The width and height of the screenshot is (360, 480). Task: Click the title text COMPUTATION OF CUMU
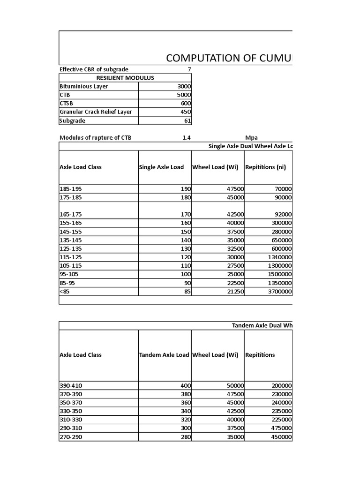[x=229, y=58]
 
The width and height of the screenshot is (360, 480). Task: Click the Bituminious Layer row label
[x=83, y=87]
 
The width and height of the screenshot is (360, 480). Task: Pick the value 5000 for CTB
[x=183, y=95]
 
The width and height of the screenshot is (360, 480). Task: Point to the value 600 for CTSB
[x=186, y=104]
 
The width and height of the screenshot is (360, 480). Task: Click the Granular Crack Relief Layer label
[x=96, y=112]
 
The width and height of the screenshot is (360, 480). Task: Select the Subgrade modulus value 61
[x=187, y=121]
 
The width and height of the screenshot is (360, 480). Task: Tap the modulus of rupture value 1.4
[x=186, y=137]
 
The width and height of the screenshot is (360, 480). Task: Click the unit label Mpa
[x=252, y=137]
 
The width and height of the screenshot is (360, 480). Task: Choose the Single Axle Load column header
[x=161, y=167]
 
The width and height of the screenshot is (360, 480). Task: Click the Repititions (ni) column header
[x=265, y=167]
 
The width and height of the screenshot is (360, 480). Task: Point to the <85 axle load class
[x=64, y=292]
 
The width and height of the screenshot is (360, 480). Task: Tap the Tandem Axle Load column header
[x=165, y=355]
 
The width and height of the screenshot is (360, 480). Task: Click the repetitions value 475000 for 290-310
[x=280, y=428]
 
